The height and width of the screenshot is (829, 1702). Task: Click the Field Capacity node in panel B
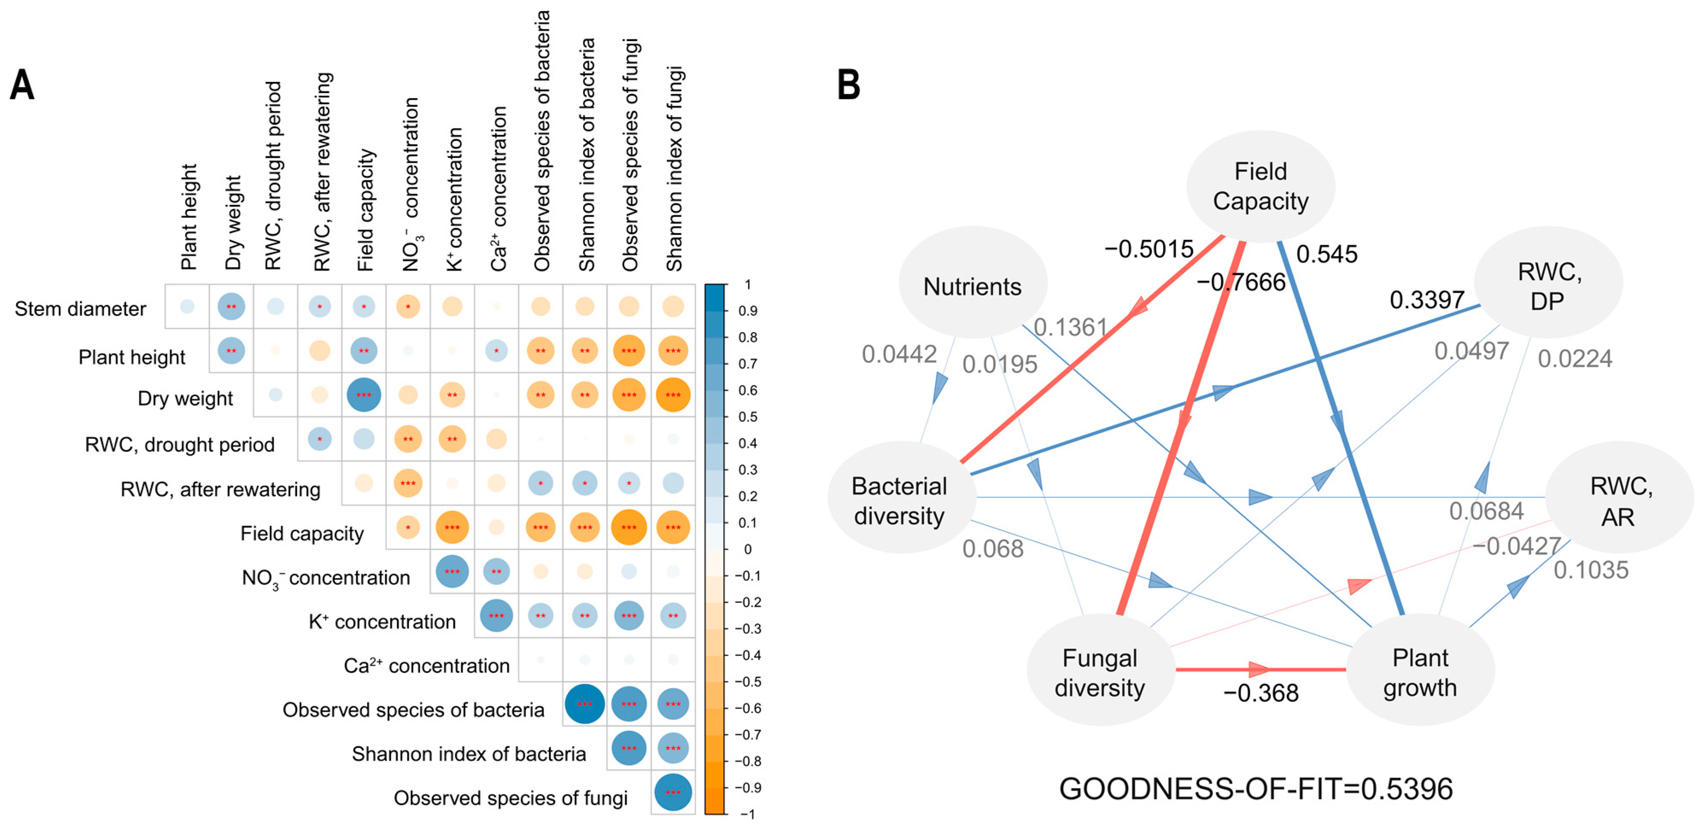[1260, 186]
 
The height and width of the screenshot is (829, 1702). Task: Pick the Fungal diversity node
[1100, 672]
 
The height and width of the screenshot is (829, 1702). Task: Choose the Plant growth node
[1420, 672]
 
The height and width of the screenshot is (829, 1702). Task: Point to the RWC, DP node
[1548, 285]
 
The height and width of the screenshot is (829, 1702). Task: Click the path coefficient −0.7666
[1241, 282]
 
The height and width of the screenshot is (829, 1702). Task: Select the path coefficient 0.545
[1326, 254]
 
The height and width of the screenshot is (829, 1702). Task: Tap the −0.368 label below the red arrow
[1260, 693]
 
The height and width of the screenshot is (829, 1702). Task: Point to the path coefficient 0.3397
[1427, 300]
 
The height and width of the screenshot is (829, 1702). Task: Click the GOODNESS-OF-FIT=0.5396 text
[1255, 789]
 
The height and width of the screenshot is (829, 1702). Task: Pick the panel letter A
[22, 85]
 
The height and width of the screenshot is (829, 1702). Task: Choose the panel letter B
[848, 85]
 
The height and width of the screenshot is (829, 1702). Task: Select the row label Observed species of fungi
[510, 798]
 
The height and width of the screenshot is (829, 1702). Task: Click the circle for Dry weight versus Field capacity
[363, 395]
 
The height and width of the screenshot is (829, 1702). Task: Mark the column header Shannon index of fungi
[674, 169]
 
